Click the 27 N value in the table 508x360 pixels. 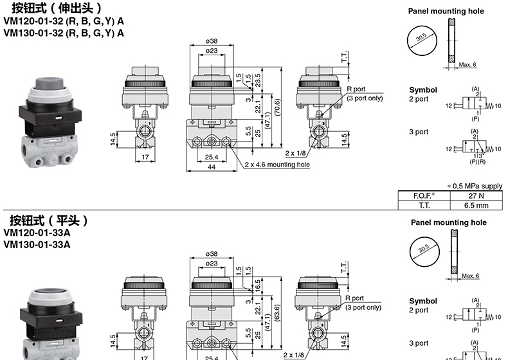click(476, 195)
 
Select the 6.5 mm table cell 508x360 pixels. click(476, 206)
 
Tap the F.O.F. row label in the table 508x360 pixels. click(424, 195)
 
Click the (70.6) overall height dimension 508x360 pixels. click(277, 107)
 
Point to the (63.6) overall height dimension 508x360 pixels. click(277, 312)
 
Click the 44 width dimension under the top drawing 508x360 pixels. click(211, 167)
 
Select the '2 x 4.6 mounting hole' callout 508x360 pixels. click(277, 165)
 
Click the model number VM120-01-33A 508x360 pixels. click(37, 233)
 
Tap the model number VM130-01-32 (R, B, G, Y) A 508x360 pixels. click(64, 33)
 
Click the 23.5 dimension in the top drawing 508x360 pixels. click(258, 80)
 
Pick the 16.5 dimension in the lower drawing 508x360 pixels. click(258, 286)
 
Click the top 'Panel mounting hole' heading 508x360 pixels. click(446, 12)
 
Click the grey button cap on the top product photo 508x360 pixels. click(50, 84)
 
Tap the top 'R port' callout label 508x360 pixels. click(356, 89)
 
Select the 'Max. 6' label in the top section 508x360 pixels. click(467, 64)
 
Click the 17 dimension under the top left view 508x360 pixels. click(145, 157)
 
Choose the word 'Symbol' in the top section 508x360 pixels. click(422, 90)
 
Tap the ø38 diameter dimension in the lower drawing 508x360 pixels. click(211, 254)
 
